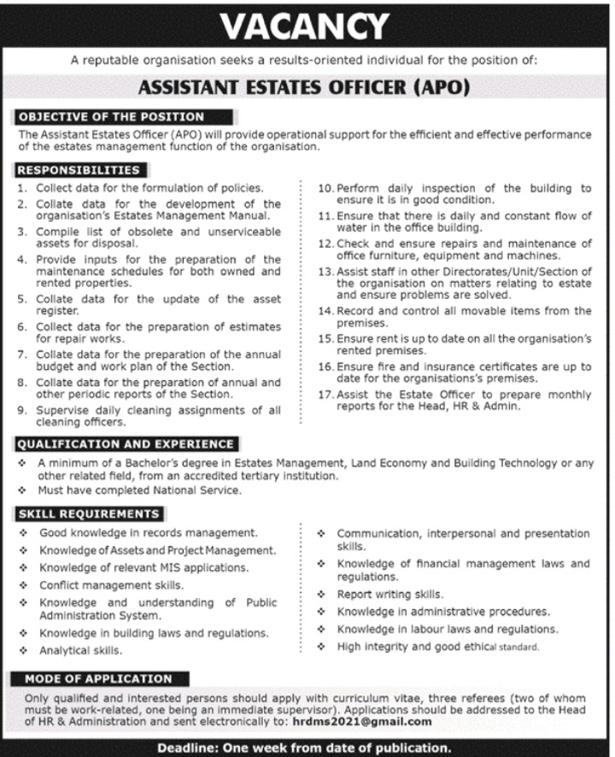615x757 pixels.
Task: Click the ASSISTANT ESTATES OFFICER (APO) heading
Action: coord(307,87)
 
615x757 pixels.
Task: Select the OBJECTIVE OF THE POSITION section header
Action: coord(111,116)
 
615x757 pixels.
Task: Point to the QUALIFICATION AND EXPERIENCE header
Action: coord(126,444)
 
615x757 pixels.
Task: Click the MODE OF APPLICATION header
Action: coord(98,679)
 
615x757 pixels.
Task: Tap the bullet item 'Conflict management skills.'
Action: coord(110,585)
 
